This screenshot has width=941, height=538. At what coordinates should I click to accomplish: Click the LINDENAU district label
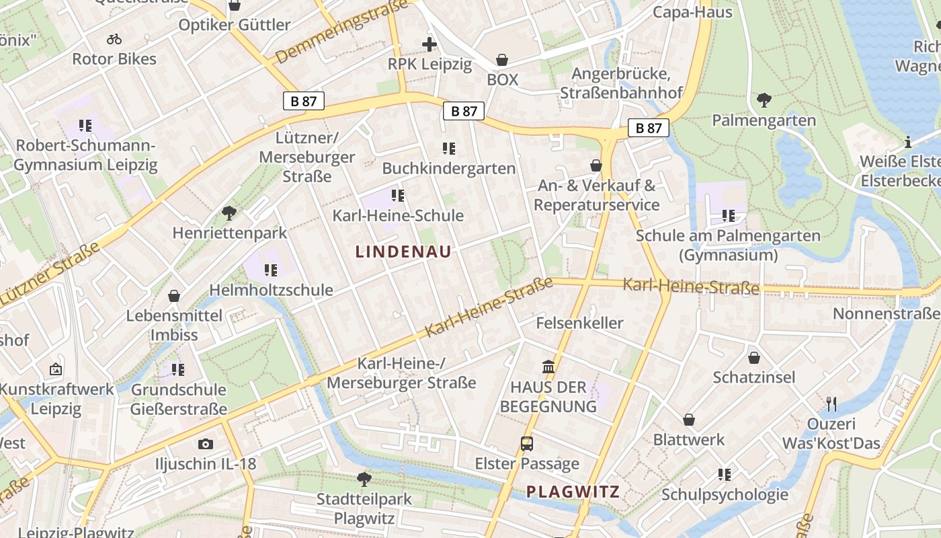(403, 252)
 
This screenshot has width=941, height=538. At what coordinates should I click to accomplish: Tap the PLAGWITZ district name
(573, 492)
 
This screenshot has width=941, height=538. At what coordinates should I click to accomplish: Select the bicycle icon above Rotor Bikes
(114, 39)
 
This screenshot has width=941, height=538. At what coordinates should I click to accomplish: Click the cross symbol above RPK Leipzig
(429, 45)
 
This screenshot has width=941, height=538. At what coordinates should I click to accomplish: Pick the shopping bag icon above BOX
(502, 60)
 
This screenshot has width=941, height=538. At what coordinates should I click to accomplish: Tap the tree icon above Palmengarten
(764, 101)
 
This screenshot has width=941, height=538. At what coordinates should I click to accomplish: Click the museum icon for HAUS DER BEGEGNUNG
(548, 367)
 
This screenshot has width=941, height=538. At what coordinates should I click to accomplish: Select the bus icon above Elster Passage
(527, 444)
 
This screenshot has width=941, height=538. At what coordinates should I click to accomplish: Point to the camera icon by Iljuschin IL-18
(206, 444)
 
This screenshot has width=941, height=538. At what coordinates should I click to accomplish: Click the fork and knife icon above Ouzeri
(831, 404)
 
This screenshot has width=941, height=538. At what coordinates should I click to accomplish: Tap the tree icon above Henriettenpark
(229, 213)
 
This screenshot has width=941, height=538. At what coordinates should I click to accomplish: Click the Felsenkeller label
(579, 323)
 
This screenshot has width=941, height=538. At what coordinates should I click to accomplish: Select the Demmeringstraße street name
(342, 32)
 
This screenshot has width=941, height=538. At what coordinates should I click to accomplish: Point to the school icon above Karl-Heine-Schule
(398, 196)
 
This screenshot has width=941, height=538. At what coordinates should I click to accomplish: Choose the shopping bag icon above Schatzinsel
(754, 358)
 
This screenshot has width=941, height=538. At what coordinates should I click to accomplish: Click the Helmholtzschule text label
(271, 290)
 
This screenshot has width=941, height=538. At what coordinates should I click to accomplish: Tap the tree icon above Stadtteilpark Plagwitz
(364, 479)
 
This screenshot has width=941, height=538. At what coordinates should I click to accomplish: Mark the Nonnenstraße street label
(886, 313)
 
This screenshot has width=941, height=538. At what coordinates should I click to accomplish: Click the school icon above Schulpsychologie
(725, 475)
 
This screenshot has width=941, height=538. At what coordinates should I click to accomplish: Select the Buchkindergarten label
(449, 168)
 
